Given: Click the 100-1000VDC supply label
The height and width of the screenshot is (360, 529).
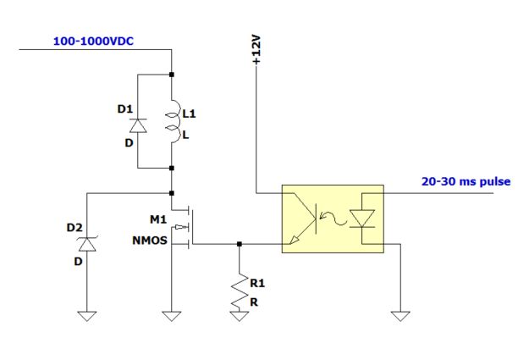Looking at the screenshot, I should click(x=94, y=40).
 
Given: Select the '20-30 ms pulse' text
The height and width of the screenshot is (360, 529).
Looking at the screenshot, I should click(x=466, y=181).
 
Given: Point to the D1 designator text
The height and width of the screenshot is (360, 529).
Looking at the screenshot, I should click(x=123, y=108).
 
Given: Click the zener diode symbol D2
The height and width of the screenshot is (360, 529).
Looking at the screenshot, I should click(x=85, y=244).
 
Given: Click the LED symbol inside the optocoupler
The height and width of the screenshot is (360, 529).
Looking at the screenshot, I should click(x=365, y=219).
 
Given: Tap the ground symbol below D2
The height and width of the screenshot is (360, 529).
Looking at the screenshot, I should click(x=85, y=316).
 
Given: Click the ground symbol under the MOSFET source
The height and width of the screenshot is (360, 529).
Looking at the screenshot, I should click(x=172, y=316).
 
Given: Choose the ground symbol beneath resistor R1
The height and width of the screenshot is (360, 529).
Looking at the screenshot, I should click(x=240, y=316).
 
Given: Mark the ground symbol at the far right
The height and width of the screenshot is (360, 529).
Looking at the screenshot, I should click(x=400, y=316).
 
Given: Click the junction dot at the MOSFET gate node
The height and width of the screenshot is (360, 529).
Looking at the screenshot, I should click(x=240, y=245).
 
